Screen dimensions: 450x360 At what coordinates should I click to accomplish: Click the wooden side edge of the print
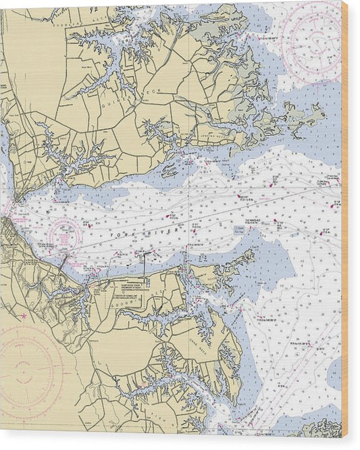click(345, 223)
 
